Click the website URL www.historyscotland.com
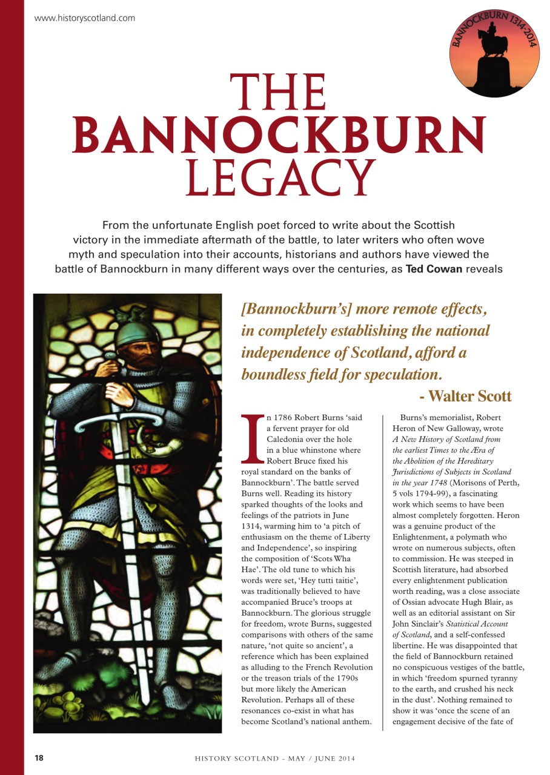(85, 18)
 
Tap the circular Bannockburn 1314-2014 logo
(494, 53)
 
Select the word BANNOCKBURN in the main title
(279, 134)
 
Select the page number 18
(39, 758)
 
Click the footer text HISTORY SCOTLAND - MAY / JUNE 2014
(274, 759)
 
